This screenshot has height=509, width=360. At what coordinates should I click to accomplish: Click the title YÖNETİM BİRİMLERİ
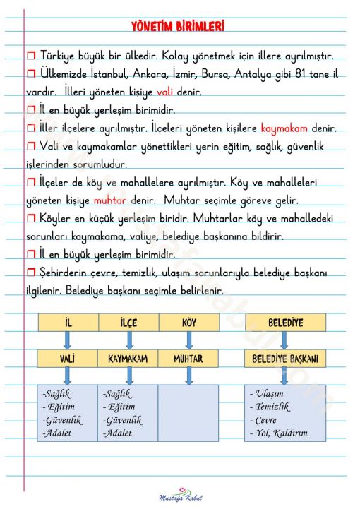pyautogui.click(x=178, y=26)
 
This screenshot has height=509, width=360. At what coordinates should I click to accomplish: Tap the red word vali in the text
pyautogui.click(x=165, y=92)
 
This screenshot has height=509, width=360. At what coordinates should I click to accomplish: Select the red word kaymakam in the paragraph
pyautogui.click(x=283, y=129)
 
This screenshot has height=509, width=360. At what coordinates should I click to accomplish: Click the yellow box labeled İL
pyautogui.click(x=68, y=323)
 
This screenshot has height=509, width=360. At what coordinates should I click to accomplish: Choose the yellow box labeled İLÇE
pyautogui.click(x=128, y=323)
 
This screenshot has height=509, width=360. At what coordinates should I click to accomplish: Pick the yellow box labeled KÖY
pyautogui.click(x=188, y=323)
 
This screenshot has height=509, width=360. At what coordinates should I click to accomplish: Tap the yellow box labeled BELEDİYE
pyautogui.click(x=285, y=323)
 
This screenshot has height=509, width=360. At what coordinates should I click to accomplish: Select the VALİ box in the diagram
pyautogui.click(x=68, y=359)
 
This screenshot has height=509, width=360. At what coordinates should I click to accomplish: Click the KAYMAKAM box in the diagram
pyautogui.click(x=128, y=359)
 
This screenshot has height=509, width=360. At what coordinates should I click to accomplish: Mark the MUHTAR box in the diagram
pyautogui.click(x=188, y=359)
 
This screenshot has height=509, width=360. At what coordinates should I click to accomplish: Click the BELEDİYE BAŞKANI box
pyautogui.click(x=285, y=359)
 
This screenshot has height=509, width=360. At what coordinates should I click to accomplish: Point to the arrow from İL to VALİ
pyautogui.click(x=67, y=340)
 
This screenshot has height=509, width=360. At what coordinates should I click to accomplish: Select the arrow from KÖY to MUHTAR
pyautogui.click(x=188, y=340)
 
